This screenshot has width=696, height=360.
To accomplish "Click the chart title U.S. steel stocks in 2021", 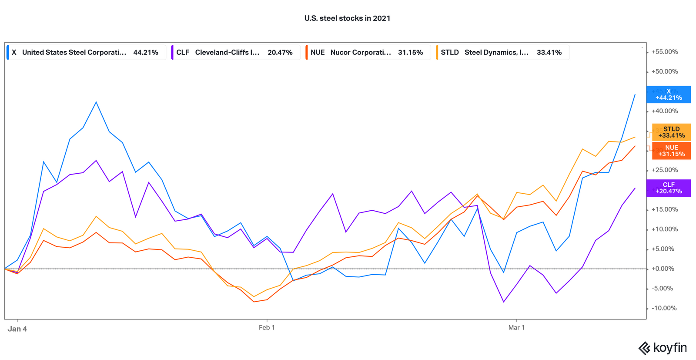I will pos(347,18).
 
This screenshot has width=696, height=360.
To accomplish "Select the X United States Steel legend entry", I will pos(86,52).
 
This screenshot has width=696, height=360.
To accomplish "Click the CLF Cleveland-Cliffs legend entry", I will pos(235,52).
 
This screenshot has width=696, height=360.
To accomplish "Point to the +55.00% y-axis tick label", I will pos(664,52).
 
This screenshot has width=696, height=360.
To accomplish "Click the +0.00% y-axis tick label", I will pos(664,269).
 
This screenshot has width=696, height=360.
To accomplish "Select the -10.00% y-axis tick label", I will pos(664,308).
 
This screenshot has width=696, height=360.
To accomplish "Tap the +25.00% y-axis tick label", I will pos(664,170).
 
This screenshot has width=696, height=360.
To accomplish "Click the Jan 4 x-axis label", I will pos(17,329).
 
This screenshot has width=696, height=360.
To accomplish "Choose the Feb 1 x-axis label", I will pos(267,327).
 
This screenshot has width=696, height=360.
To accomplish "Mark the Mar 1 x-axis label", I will pos(516,327).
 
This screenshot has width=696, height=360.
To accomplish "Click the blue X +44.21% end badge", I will pos(669,94).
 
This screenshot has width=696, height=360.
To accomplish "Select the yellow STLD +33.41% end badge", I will pos(671,132).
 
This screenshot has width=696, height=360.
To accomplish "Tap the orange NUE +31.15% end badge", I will pos(671,151).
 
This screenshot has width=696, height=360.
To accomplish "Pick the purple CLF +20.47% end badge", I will pos(669,188).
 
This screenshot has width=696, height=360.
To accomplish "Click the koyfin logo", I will pos(663,348).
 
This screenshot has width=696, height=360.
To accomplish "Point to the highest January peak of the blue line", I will pos(96,102).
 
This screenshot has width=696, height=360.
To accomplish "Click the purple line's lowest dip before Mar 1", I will pos(504,302).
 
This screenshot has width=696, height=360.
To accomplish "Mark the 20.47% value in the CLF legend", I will pos(280,52).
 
